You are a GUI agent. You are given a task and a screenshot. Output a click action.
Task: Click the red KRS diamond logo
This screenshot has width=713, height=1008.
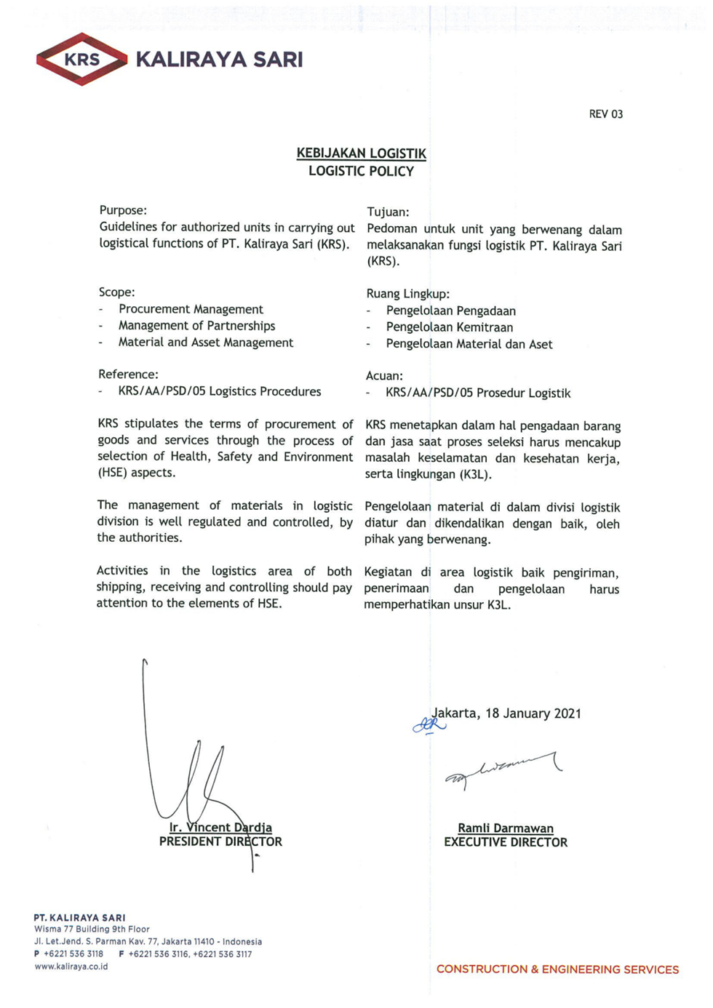pyautogui.click(x=81, y=59)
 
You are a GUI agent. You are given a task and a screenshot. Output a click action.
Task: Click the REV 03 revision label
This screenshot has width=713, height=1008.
pyautogui.click(x=605, y=114)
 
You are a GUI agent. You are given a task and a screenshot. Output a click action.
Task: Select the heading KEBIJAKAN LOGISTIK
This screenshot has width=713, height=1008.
pyautogui.click(x=361, y=153)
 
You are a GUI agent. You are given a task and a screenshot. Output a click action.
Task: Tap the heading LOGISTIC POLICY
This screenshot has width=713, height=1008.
pyautogui.click(x=361, y=172)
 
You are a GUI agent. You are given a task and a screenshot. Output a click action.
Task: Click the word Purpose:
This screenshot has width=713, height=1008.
pyautogui.click(x=123, y=210)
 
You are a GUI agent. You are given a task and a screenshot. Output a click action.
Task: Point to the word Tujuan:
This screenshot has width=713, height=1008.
pyautogui.click(x=388, y=212)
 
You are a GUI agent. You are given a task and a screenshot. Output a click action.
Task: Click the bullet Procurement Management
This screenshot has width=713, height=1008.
pyautogui.click(x=191, y=309)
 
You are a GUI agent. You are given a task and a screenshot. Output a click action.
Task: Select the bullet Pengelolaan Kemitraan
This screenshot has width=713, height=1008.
pyautogui.click(x=449, y=327)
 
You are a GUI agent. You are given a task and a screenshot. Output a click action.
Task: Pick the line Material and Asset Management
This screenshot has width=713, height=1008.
pyautogui.click(x=206, y=343)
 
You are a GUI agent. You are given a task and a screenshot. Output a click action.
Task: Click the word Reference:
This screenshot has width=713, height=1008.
pyautogui.click(x=128, y=375)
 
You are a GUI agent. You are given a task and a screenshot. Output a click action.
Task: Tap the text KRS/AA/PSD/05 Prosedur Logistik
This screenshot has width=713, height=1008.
pyautogui.click(x=478, y=393)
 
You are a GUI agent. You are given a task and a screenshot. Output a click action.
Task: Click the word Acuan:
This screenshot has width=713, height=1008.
pyautogui.click(x=384, y=376)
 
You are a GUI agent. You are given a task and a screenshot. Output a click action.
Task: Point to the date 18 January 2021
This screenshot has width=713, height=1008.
pyautogui.click(x=533, y=713)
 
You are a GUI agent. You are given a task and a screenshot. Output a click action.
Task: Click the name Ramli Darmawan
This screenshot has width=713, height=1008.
pyautogui.click(x=506, y=828)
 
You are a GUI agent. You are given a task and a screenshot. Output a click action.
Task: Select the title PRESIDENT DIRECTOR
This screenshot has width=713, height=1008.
pyautogui.click(x=220, y=841)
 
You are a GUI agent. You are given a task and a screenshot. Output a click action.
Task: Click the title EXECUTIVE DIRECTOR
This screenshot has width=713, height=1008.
pyautogui.click(x=506, y=842)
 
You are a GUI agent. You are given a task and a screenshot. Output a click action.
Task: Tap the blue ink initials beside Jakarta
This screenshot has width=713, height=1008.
pyautogui.click(x=429, y=724)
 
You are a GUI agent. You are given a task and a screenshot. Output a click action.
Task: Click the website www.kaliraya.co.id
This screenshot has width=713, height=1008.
pyautogui.click(x=71, y=967)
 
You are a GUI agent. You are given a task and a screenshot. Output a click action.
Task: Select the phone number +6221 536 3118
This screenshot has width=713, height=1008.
pyautogui.click(x=73, y=953)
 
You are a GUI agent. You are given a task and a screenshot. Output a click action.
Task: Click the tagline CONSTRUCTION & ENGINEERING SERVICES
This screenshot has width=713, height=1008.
pyautogui.click(x=557, y=969)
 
